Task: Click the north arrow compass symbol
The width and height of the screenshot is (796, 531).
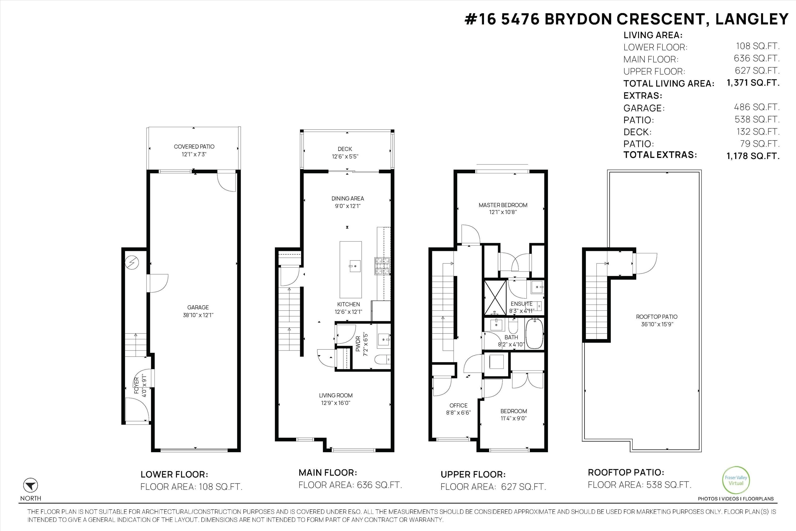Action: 31,485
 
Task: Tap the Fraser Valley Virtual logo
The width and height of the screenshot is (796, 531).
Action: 736,480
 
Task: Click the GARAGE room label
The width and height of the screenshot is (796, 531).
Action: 198,307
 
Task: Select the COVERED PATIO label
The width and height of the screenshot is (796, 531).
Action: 194,147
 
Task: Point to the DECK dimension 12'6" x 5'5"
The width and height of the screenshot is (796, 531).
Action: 345,156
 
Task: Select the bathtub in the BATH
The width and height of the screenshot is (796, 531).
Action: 534,333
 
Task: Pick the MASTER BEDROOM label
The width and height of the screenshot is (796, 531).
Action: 503,205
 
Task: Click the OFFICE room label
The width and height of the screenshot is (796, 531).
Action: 458,405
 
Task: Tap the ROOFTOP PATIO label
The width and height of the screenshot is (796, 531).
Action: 656,317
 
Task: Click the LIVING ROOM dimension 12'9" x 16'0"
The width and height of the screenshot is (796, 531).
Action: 336,403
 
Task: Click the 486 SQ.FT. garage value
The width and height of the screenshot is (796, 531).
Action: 756,107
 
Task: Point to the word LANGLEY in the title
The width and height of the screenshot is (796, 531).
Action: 752,19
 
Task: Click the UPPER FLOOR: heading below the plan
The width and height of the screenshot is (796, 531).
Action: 473,474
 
